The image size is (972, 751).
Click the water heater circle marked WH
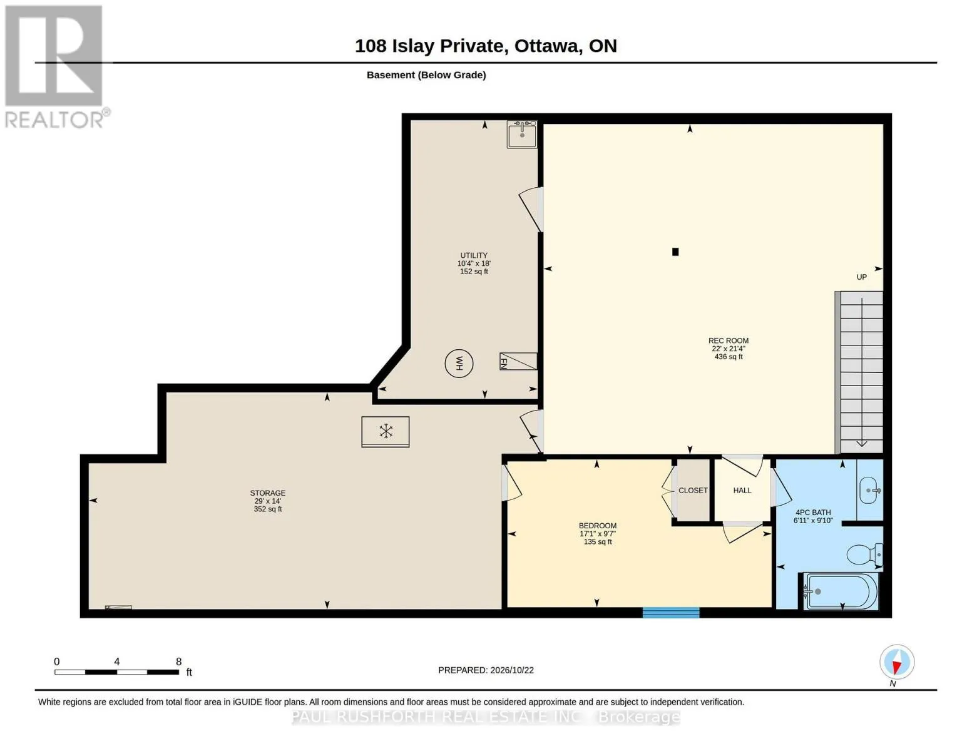459,363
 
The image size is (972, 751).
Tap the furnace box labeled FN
518,361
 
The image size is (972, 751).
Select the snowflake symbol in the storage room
386,431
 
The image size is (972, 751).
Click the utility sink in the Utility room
521,134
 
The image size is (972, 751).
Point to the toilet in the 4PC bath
864,554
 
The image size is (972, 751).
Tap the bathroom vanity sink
869,490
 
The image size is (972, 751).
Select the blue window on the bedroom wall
670,612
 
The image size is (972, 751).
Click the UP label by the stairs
861,277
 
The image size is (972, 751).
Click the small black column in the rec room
675,252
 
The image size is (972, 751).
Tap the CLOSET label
693,490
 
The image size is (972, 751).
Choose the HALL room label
742,490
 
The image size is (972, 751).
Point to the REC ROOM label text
728,340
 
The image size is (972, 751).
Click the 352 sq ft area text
267,509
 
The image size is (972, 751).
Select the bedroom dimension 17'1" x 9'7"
598,534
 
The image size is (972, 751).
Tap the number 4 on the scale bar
117,661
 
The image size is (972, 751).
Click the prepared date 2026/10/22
512,670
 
